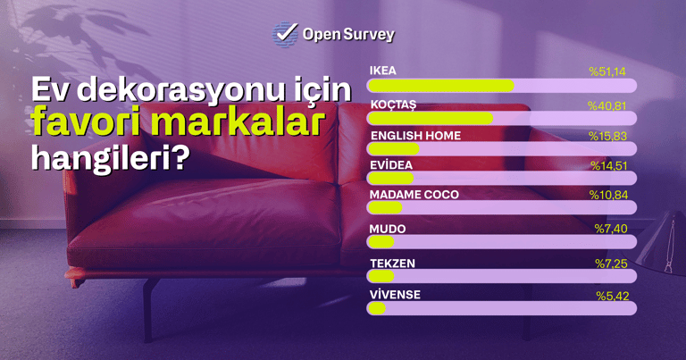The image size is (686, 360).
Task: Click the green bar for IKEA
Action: click(x=441, y=86)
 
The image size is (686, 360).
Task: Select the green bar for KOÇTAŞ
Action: click(x=431, y=118)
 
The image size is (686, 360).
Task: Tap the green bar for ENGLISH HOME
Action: click(x=394, y=149)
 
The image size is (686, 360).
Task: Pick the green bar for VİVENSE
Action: click(x=377, y=308)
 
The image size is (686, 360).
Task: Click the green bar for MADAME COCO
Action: click(x=385, y=208)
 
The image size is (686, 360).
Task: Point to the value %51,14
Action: click(x=607, y=71)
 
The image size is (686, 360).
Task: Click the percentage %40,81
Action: click(x=607, y=106)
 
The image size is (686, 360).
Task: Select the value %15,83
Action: click(x=607, y=137)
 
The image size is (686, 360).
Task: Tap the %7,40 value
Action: click(x=611, y=229)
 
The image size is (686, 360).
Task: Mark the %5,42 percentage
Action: click(x=613, y=297)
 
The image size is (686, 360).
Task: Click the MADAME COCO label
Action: click(x=414, y=195)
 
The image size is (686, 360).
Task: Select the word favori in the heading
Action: click(x=86, y=121)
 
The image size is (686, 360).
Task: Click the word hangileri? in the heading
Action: click(x=111, y=157)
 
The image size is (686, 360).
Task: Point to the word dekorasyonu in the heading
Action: click(x=180, y=89)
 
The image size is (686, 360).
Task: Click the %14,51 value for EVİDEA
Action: click(x=609, y=166)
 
